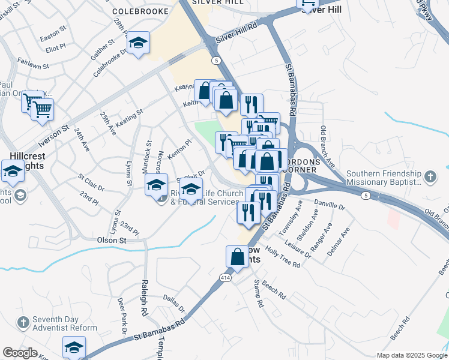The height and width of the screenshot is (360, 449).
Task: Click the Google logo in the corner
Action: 19,353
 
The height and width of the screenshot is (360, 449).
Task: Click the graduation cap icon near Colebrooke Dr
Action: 139,43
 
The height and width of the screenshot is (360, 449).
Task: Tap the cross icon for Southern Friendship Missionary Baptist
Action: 429,177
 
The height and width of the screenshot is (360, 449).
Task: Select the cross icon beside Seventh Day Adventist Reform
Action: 22,323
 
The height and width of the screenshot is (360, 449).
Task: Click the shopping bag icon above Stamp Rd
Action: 237,256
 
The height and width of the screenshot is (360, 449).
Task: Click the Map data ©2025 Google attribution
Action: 412,355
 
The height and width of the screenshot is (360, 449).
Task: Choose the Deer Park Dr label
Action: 122,316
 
